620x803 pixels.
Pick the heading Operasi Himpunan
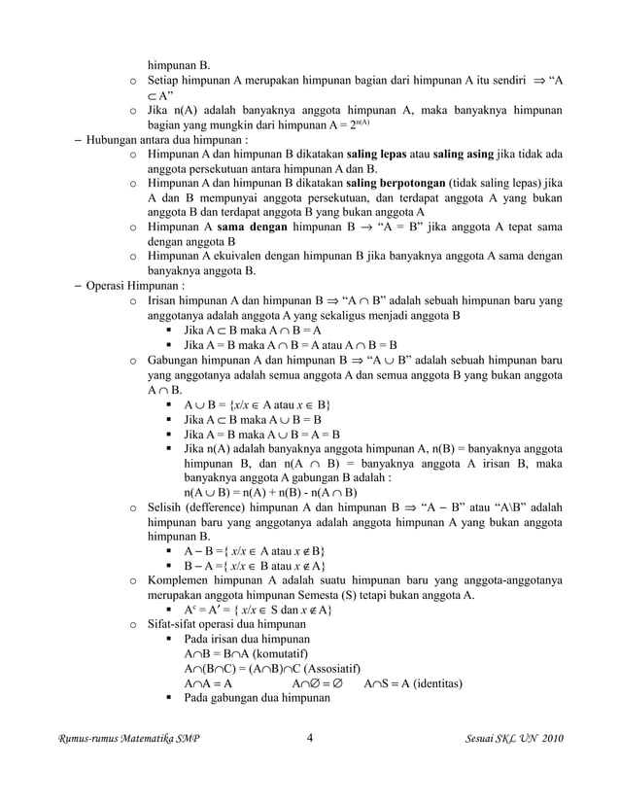[x=129, y=286]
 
